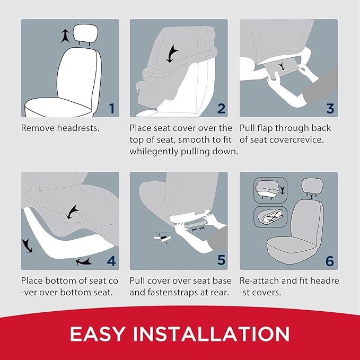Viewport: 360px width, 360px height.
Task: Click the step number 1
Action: point(112,109)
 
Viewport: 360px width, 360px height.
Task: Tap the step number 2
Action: point(221,109)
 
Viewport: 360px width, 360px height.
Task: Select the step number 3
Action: point(330,109)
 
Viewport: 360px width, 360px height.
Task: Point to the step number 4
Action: point(111,261)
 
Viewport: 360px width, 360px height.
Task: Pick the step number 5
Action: point(221,261)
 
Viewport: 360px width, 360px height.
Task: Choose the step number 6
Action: point(330,261)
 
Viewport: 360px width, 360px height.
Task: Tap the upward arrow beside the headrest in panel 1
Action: point(65,36)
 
